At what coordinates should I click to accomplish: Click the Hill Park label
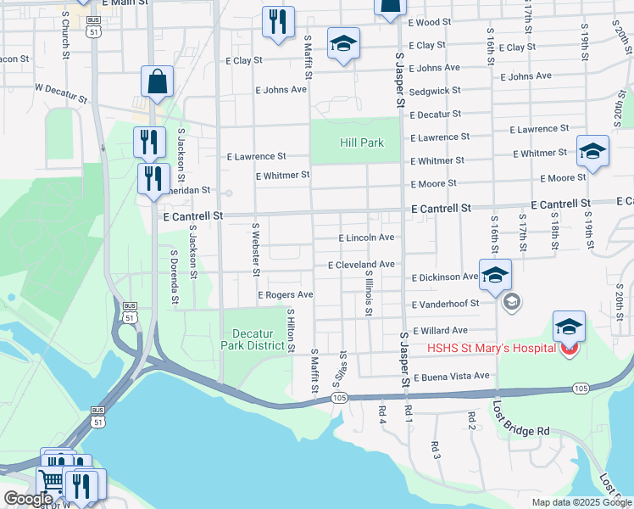(362, 143)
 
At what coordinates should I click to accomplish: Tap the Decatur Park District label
(253, 339)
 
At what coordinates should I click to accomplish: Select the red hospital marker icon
(570, 349)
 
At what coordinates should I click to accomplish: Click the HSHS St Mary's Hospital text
(492, 348)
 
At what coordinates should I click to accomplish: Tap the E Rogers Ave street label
(286, 294)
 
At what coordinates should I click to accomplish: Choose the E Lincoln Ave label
(366, 238)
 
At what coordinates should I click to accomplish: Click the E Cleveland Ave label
(361, 265)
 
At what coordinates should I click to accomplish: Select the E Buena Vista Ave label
(452, 376)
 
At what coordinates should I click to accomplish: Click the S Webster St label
(255, 249)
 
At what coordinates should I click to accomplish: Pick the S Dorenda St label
(175, 276)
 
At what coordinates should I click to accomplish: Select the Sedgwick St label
(435, 90)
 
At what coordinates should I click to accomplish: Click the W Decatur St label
(60, 92)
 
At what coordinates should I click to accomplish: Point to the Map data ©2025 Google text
(581, 502)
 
